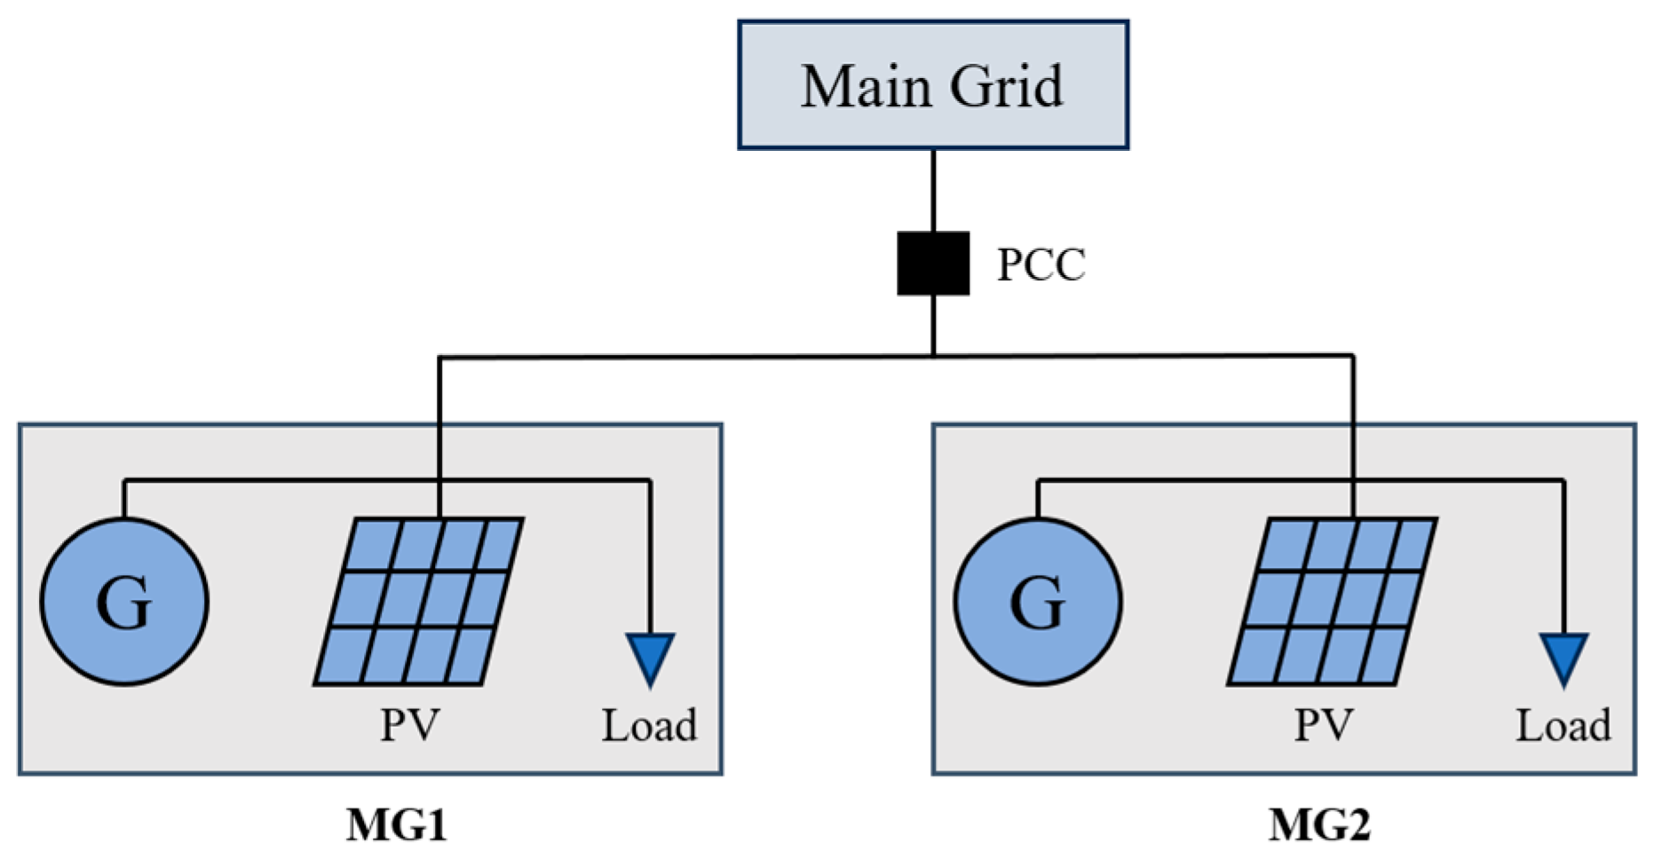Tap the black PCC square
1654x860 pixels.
[x=932, y=264]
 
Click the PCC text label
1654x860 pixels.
[x=1041, y=264]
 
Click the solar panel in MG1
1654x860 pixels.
[x=418, y=602]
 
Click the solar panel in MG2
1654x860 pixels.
[x=1332, y=602]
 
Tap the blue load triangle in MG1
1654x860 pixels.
[x=650, y=655]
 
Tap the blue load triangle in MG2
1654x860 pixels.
[x=1563, y=655]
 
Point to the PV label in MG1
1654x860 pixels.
[x=409, y=725]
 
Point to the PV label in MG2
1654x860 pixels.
[x=1323, y=725]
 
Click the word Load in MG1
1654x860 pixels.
[x=649, y=725]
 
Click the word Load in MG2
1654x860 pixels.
[x=1563, y=725]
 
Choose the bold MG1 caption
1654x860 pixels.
[x=396, y=825]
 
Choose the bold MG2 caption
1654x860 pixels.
[x=1319, y=825]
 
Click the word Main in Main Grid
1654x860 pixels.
[x=856, y=86]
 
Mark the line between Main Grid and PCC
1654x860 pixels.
[x=933, y=190]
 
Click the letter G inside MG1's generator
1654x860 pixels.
[x=124, y=603]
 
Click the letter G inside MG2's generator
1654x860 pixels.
[x=1038, y=603]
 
